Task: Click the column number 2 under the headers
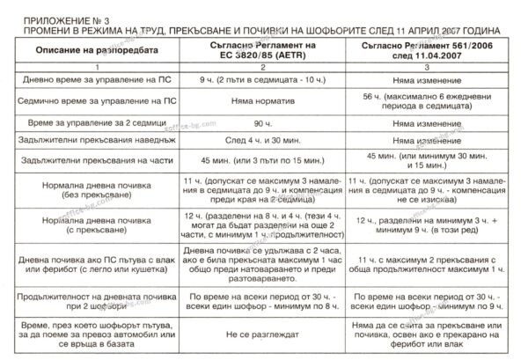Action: pos(269,66)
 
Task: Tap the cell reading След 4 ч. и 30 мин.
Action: pos(269,141)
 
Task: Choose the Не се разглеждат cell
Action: pos(269,336)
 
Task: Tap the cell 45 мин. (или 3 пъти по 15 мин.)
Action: pos(269,162)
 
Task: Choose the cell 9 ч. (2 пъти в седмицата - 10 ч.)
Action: pos(269,81)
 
